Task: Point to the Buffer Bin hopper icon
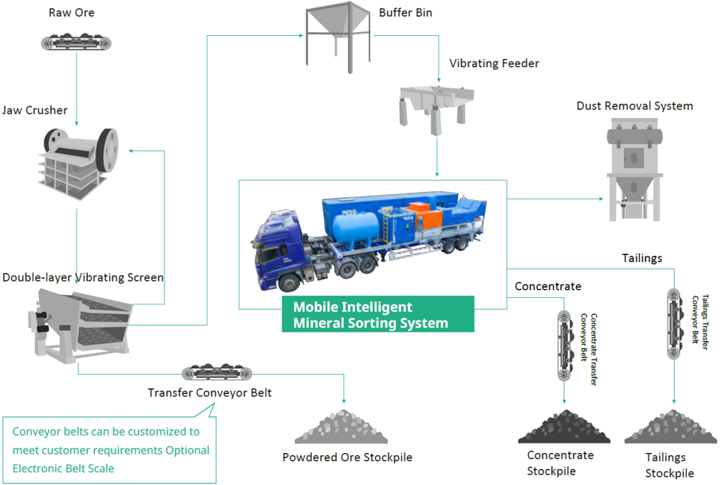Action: click(337, 36)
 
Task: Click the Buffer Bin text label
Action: click(406, 13)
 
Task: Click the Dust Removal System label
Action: click(634, 105)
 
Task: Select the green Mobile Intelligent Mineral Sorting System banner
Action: click(378, 315)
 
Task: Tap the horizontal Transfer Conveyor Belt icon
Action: click(218, 372)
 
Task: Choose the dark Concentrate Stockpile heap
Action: click(564, 427)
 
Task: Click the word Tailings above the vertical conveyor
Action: click(642, 258)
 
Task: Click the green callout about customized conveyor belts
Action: click(110, 449)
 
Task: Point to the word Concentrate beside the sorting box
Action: click(548, 286)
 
